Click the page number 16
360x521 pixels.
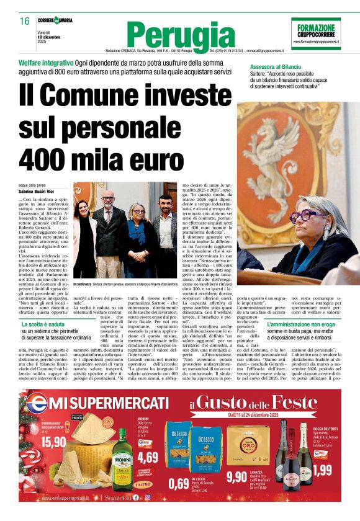point(24,22)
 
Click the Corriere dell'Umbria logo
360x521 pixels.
point(59,21)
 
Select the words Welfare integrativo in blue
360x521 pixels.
point(46,65)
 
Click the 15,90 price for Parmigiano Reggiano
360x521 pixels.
point(53,442)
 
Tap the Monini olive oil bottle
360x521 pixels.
point(122,458)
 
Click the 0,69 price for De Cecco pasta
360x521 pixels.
point(179,483)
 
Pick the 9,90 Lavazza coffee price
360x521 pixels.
point(236,476)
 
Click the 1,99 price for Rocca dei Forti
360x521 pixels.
point(322,470)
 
